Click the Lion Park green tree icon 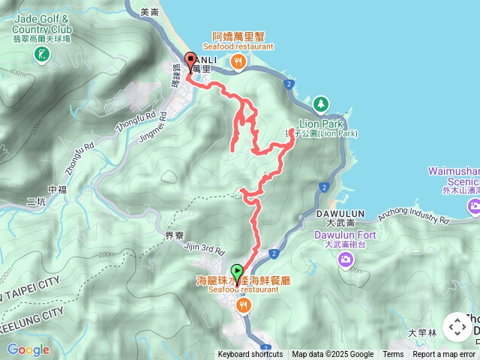point(321,102)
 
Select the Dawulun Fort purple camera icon point(345,259)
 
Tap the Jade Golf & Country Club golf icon point(40,54)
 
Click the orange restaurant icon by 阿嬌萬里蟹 point(238,62)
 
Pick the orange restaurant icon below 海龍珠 point(243,305)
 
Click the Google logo point(28,349)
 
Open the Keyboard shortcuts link point(250,355)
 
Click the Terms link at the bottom point(393,355)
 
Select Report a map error point(444,355)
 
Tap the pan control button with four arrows point(457,327)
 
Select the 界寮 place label point(175,235)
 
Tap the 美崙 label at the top point(149,12)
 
